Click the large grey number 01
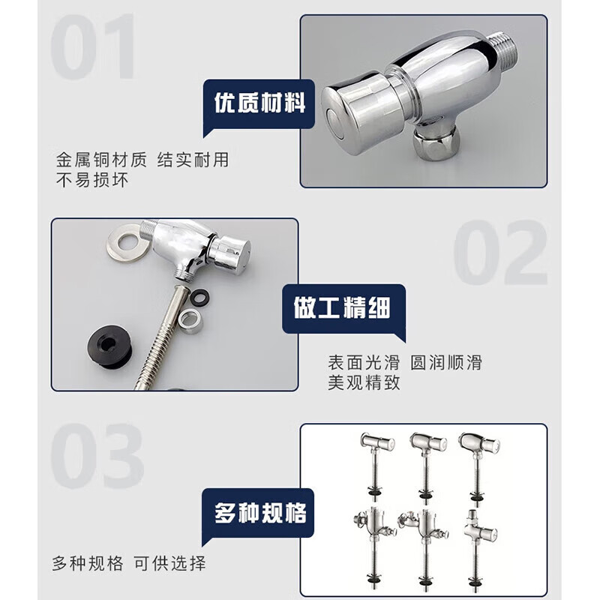(93, 46)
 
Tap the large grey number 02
(500, 252)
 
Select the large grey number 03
(97, 456)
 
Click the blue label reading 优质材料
(259, 103)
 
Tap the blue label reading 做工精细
(343, 308)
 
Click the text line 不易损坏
(92, 180)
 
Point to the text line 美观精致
(364, 382)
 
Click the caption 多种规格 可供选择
(129, 563)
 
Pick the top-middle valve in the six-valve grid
(427, 466)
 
